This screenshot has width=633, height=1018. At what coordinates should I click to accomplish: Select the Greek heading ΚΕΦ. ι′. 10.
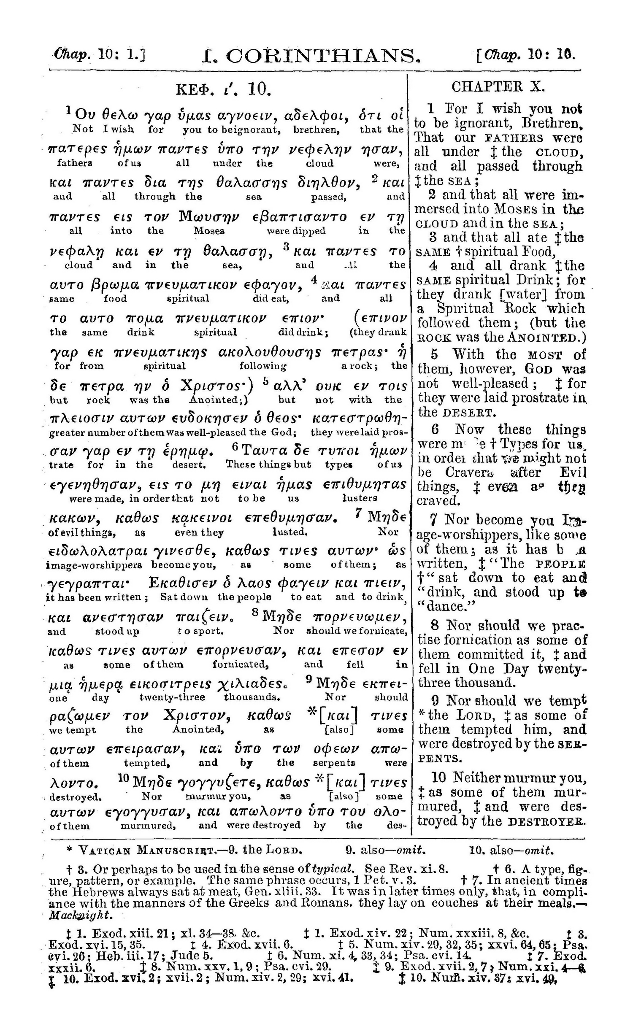point(222,89)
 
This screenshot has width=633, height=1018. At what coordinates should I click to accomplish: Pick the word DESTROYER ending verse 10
point(547,822)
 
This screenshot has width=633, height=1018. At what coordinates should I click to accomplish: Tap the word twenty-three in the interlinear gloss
point(172,697)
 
